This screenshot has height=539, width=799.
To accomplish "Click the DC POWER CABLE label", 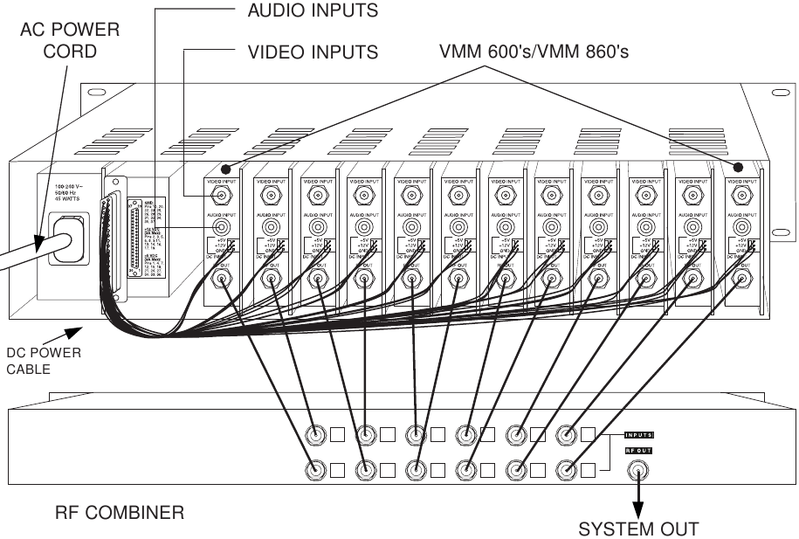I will pos(43,361).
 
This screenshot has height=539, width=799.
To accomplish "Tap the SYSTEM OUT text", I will pos(638,529).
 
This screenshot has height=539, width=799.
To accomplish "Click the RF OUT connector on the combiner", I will pos(639,472).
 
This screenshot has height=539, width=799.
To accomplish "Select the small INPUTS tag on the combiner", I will pos(640,435).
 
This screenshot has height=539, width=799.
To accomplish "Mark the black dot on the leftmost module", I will pos(227,168).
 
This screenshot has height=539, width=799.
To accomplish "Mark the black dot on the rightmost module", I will pos(738,167).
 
